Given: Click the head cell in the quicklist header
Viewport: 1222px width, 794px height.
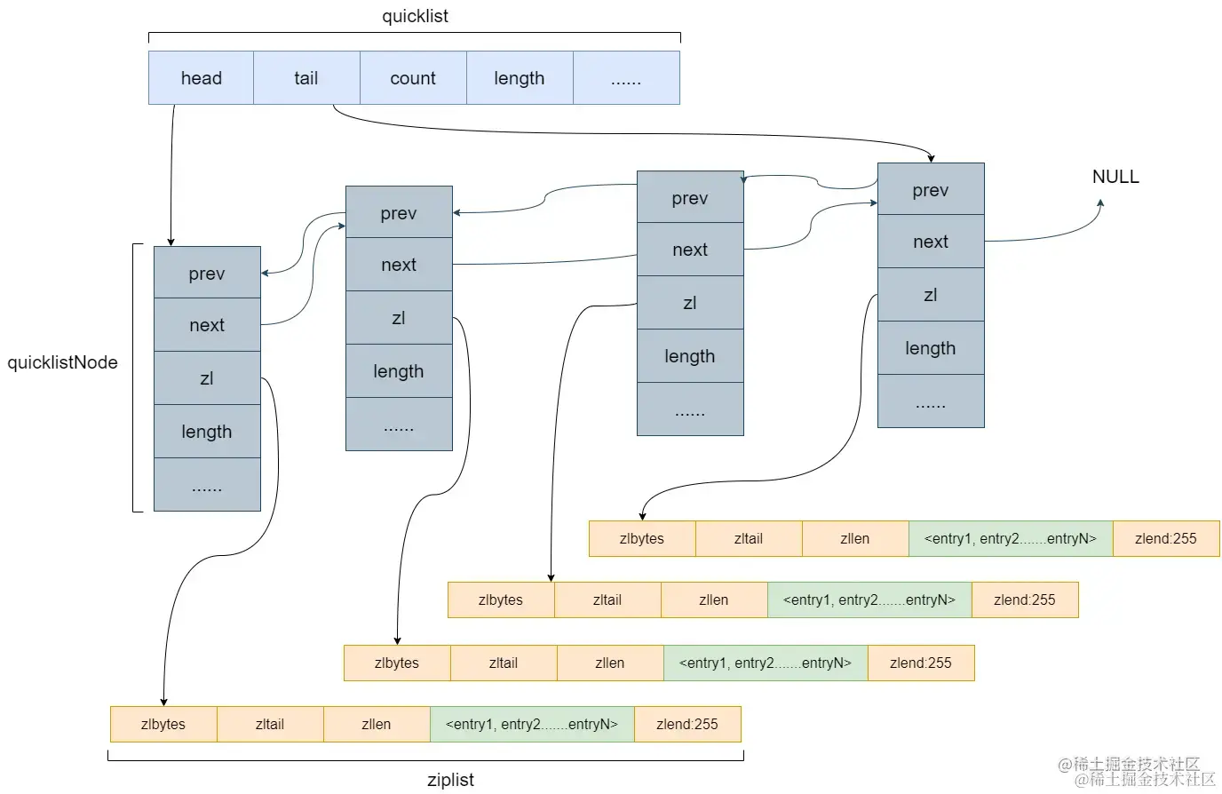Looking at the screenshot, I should pyautogui.click(x=201, y=78).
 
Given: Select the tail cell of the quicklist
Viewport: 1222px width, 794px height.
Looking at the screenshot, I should pyautogui.click(x=306, y=78).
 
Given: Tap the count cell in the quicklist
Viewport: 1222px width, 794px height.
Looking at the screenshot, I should pyautogui.click(x=413, y=78).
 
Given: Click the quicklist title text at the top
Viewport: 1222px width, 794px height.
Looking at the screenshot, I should pyautogui.click(x=415, y=16).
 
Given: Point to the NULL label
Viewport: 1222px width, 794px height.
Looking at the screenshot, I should pyautogui.click(x=1115, y=177).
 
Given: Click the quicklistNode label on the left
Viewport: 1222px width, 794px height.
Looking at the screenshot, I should pyautogui.click(x=62, y=362).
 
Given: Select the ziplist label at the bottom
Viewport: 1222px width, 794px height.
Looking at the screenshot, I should pyautogui.click(x=450, y=780).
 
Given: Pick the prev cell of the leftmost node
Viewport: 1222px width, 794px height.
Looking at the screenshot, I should pyautogui.click(x=207, y=274).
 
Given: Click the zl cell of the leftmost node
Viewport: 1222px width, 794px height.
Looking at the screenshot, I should pyautogui.click(x=207, y=378).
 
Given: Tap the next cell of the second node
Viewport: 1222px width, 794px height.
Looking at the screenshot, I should pyautogui.click(x=399, y=265).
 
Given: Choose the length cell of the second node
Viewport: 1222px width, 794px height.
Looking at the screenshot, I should pyautogui.click(x=399, y=371).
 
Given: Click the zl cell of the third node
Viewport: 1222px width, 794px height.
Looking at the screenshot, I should pyautogui.click(x=690, y=303).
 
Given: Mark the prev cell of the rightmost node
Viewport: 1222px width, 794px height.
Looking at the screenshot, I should pyautogui.click(x=931, y=190).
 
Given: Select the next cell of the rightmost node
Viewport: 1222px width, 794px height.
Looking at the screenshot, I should pyautogui.click(x=931, y=242).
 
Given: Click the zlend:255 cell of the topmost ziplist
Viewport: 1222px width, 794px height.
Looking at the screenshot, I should pyautogui.click(x=1165, y=538).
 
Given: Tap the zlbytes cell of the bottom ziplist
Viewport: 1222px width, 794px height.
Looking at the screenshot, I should pyautogui.click(x=163, y=724).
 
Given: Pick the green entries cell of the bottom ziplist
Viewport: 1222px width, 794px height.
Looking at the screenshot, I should pyautogui.click(x=532, y=724).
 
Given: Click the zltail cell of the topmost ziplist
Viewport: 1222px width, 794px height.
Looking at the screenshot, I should pyautogui.click(x=749, y=538).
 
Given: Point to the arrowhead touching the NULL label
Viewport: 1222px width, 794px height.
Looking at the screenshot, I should pyautogui.click(x=1100, y=203).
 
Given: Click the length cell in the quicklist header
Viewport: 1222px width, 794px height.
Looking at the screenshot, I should pyautogui.click(x=520, y=78).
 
